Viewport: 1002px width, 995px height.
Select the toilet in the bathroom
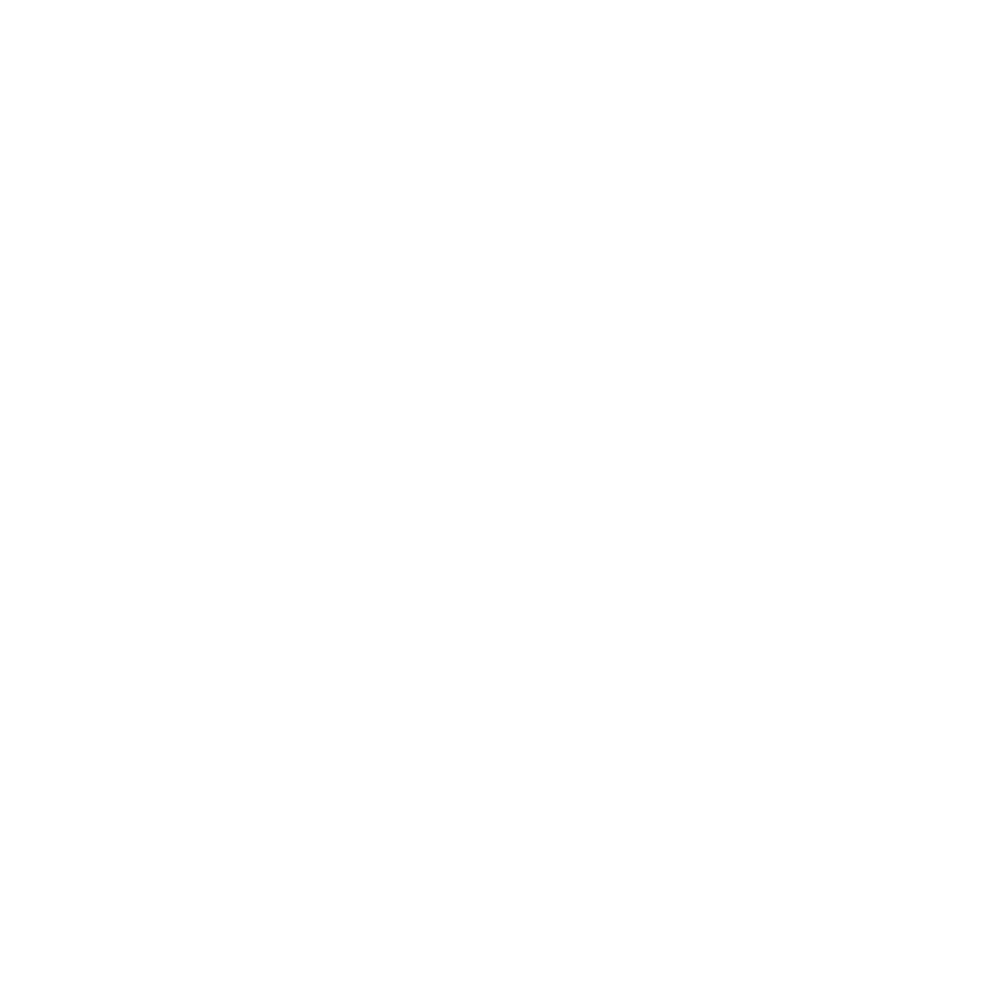tap(189, 862)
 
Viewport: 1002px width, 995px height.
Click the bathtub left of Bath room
tap(76, 716)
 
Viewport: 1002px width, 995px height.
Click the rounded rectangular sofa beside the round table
tap(610, 374)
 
